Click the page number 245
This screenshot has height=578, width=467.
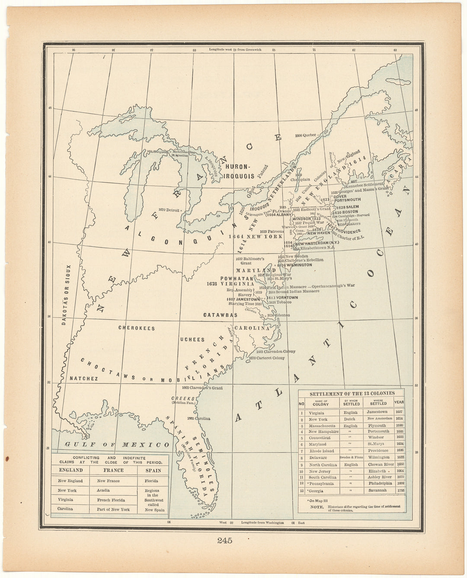click(x=225, y=540)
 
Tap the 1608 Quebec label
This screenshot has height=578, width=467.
click(x=306, y=135)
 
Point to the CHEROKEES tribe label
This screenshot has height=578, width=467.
click(x=137, y=328)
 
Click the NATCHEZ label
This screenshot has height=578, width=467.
click(x=83, y=378)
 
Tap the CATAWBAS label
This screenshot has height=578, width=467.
click(x=220, y=315)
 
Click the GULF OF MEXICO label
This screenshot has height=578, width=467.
click(x=117, y=445)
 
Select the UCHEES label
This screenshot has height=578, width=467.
click(x=192, y=339)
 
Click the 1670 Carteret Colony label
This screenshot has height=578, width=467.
click(x=267, y=358)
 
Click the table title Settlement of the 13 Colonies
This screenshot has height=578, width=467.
click(x=352, y=393)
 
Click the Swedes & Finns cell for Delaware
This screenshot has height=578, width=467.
click(x=351, y=458)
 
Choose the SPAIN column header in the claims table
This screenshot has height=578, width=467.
click(x=153, y=470)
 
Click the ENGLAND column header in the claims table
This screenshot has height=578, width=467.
click(x=70, y=470)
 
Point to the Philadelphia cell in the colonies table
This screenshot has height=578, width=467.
click(x=380, y=484)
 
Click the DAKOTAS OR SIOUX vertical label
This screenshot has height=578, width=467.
click(x=65, y=295)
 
